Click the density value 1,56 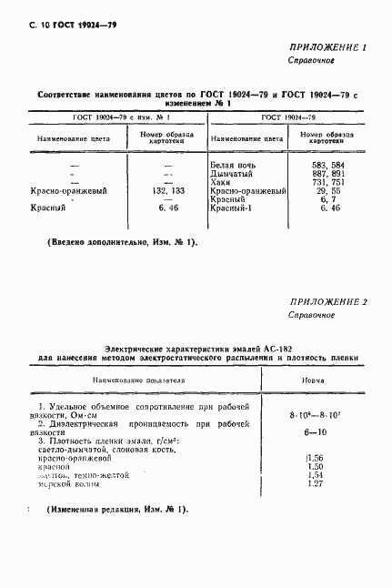click(x=317, y=458)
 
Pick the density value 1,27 click(x=317, y=483)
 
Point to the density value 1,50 click(x=317, y=466)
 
